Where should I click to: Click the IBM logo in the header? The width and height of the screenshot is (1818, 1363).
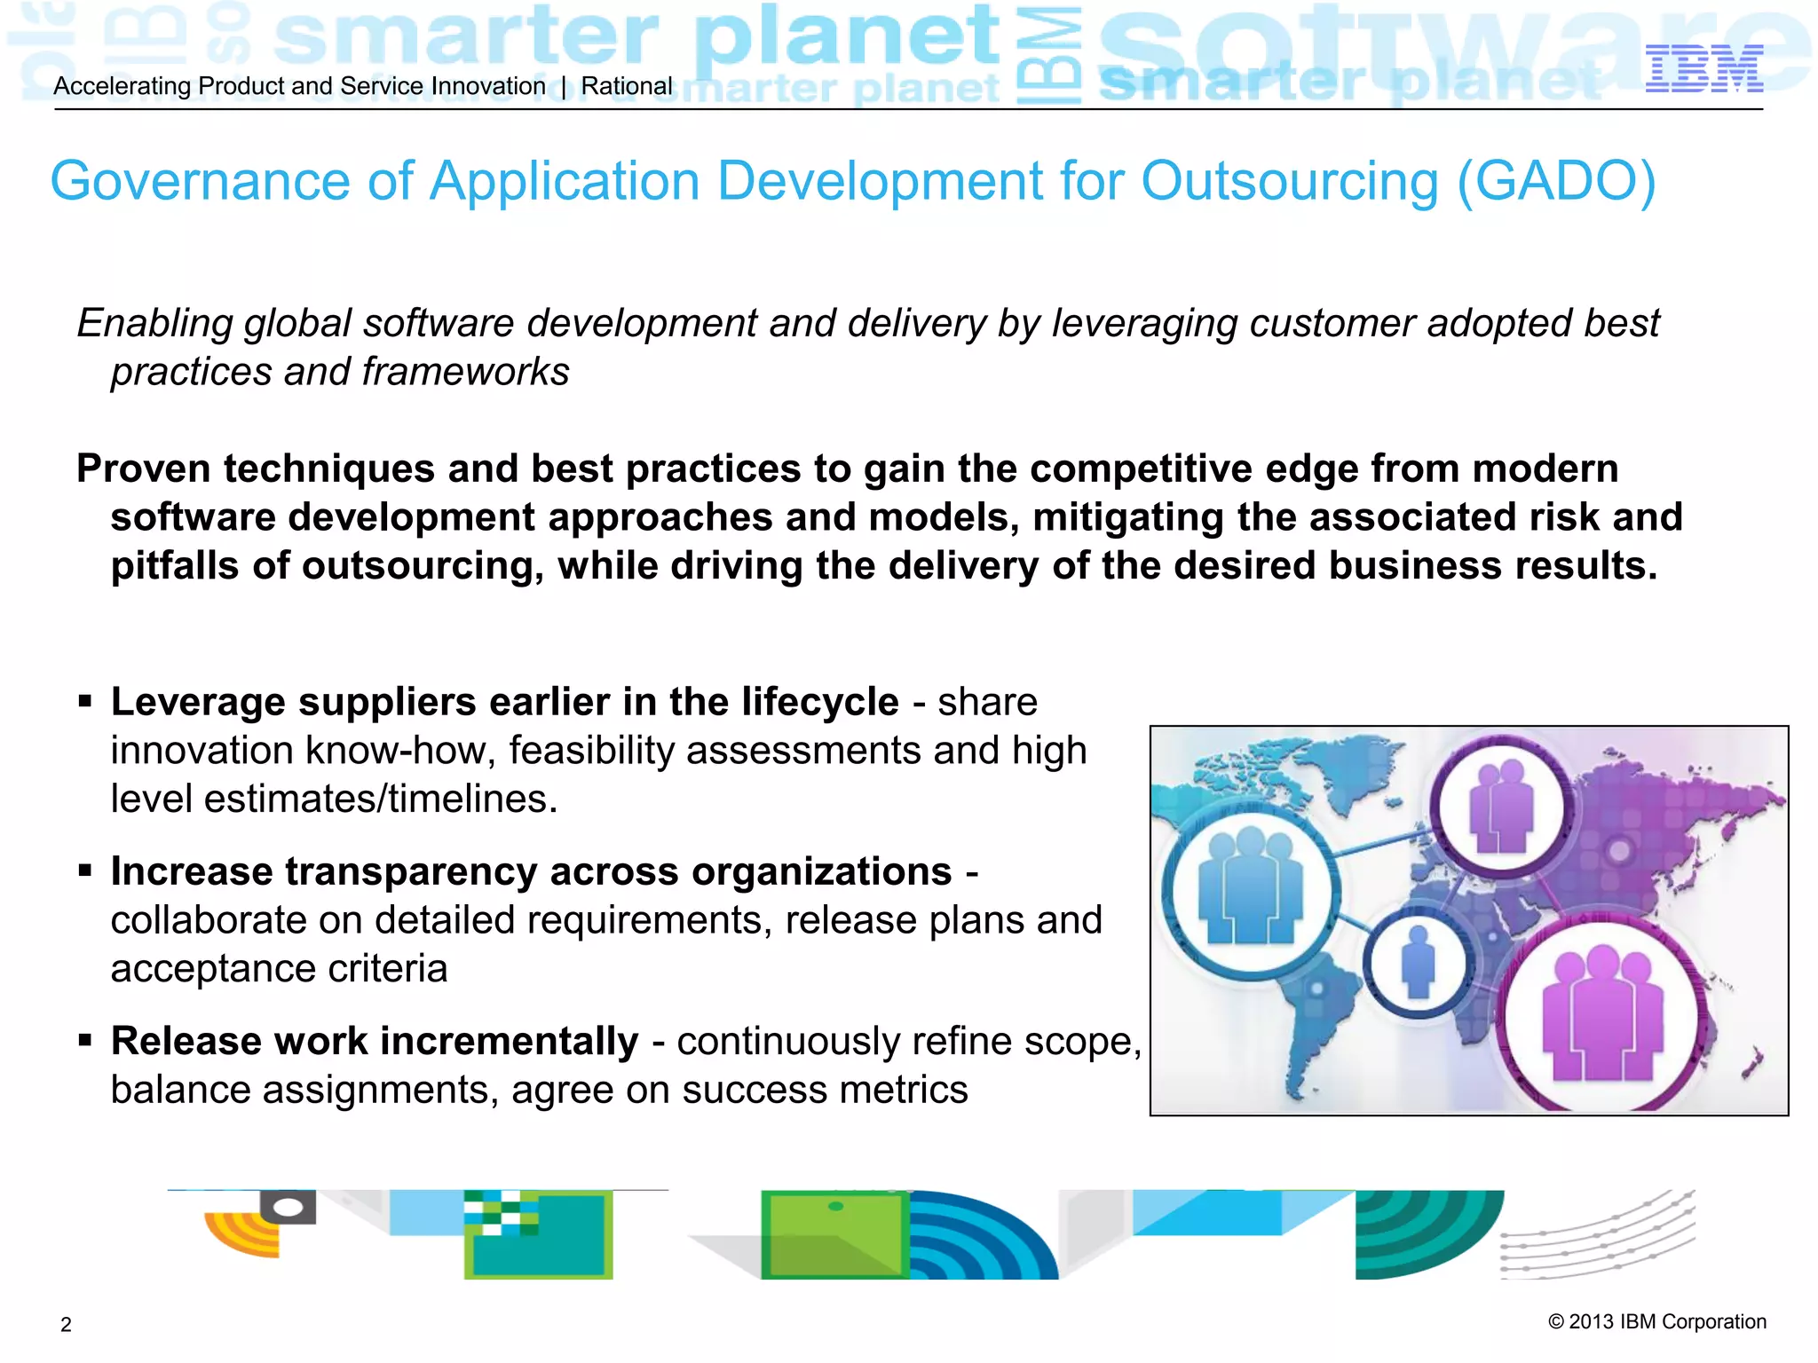pyautogui.click(x=1703, y=69)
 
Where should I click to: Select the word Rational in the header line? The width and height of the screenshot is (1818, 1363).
pyautogui.click(x=627, y=86)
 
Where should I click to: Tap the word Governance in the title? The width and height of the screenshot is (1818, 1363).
pyautogui.click(x=201, y=182)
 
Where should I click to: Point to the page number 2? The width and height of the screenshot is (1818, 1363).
pyautogui.click(x=66, y=1325)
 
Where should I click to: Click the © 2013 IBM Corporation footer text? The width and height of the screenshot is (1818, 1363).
pyautogui.click(x=1656, y=1321)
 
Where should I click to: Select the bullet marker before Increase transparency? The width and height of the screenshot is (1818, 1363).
pyautogui.click(x=85, y=871)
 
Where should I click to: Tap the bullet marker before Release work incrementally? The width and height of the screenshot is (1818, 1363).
pyautogui.click(x=85, y=1041)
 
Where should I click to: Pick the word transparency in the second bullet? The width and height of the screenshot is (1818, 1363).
pyautogui.click(x=411, y=871)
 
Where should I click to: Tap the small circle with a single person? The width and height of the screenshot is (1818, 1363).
pyautogui.click(x=1418, y=963)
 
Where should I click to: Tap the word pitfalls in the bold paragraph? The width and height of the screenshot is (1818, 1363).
pyautogui.click(x=175, y=566)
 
